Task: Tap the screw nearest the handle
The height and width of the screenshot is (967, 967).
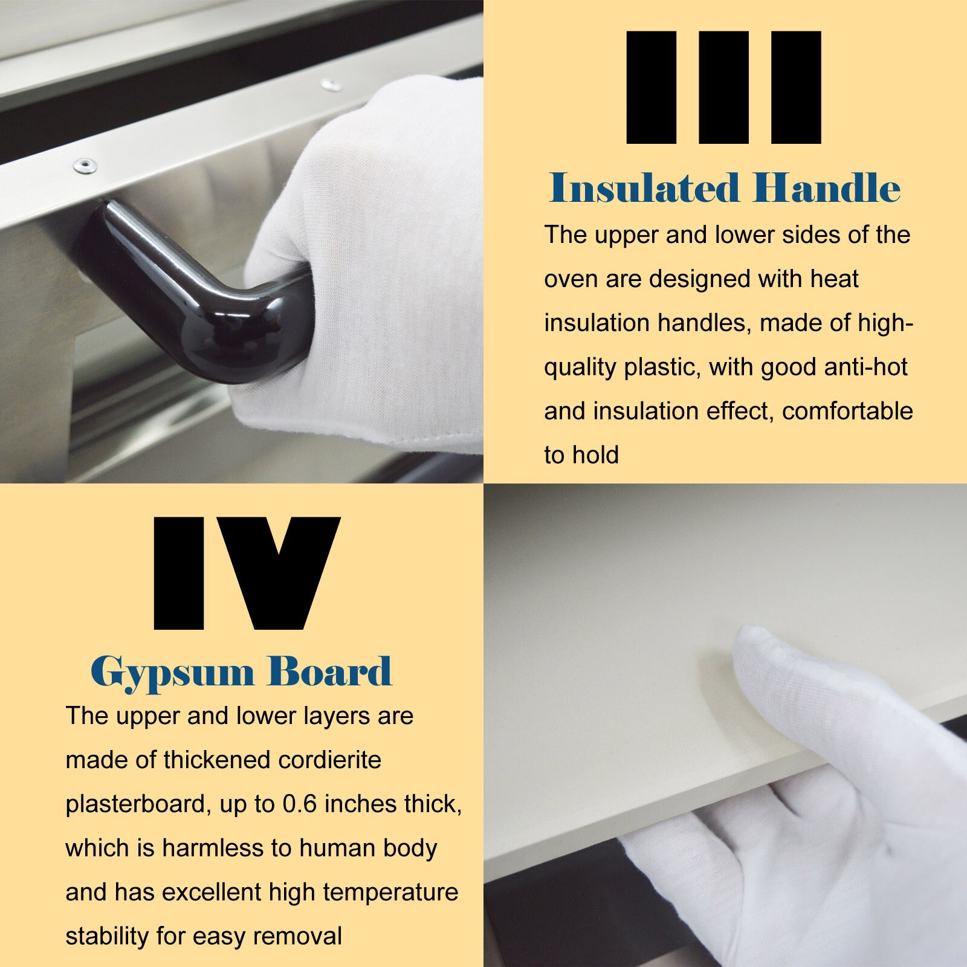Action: [84, 164]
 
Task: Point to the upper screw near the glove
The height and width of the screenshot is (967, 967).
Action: [330, 84]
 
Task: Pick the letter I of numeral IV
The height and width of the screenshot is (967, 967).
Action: [179, 573]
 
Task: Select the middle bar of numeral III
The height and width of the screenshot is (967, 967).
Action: [723, 88]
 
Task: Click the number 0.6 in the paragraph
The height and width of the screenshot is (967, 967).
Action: [300, 804]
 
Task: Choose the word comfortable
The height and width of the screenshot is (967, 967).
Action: [847, 411]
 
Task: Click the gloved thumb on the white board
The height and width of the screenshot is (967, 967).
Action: [780, 671]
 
